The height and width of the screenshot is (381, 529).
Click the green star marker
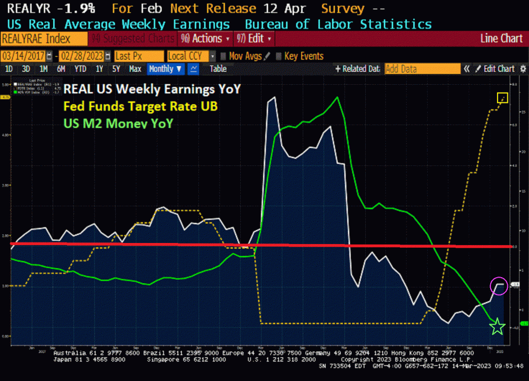coord(497,327)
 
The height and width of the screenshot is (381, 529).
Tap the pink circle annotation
coord(499,285)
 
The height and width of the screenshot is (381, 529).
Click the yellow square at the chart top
coord(502,98)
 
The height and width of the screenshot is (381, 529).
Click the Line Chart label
coord(501,39)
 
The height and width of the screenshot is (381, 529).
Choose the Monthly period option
coord(165,69)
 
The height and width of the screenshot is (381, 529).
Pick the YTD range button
coord(80,69)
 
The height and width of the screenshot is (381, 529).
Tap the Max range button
coord(135,69)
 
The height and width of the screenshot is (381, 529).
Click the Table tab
coord(218,69)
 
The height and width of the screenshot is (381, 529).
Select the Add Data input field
coord(422,69)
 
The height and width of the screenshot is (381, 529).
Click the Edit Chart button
coord(495,69)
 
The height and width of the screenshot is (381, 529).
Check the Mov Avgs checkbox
coord(223,56)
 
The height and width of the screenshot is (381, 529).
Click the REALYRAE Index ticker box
coord(44,39)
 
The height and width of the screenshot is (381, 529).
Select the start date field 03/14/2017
coord(23,56)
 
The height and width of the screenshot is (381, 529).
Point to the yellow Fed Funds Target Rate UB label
coord(139,106)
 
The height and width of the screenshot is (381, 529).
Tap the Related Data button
coord(357,69)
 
